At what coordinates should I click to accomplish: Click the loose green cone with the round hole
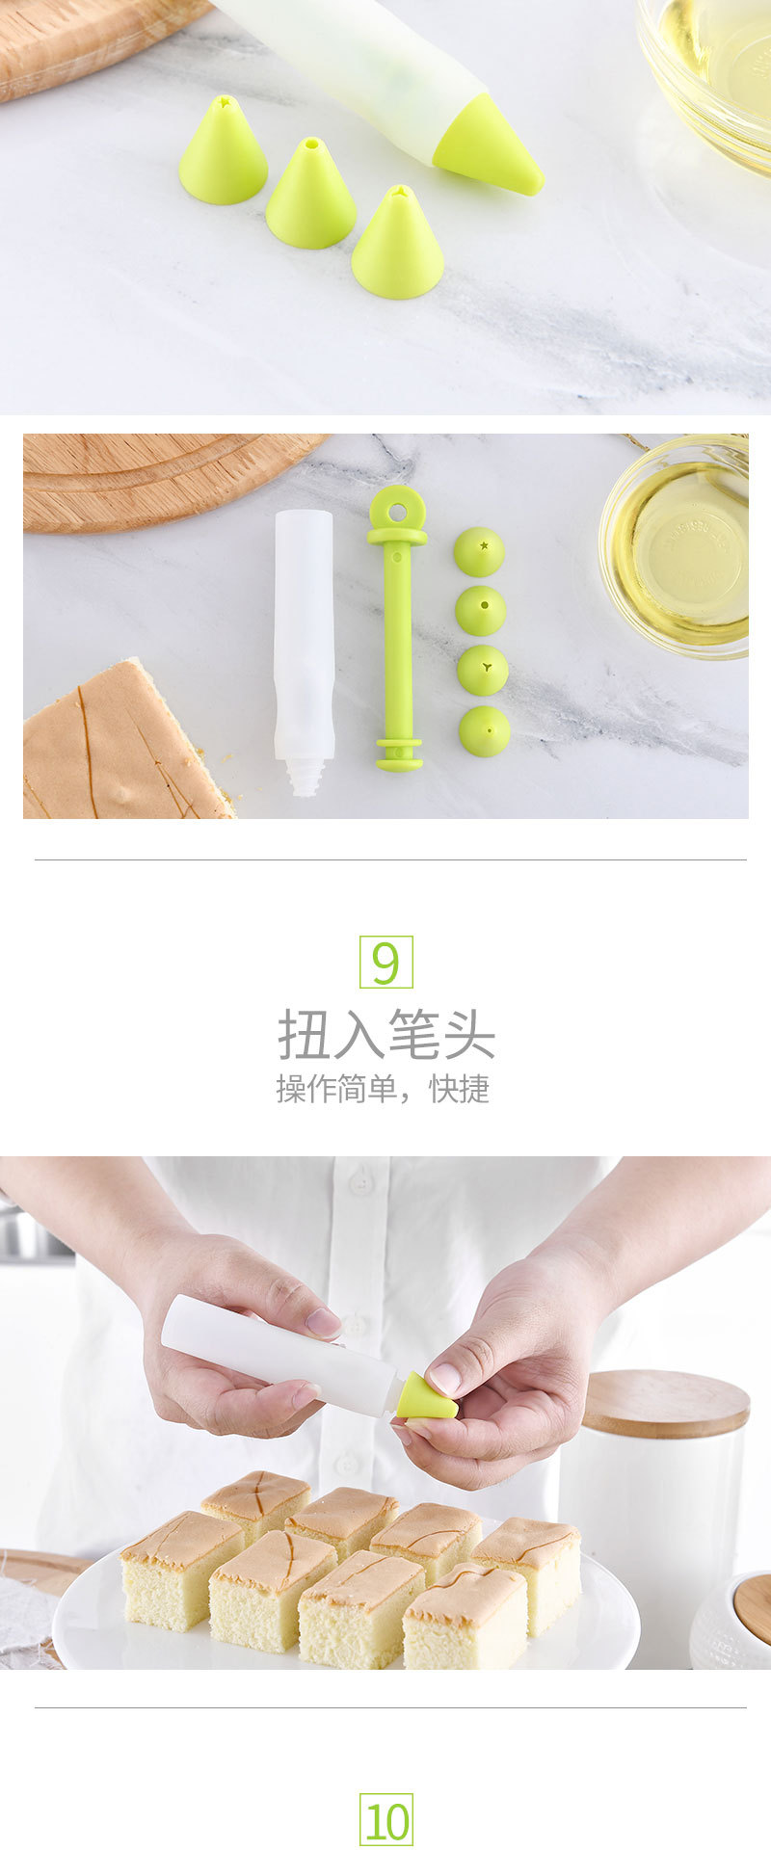click(310, 197)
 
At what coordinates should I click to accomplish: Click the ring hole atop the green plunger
click(397, 504)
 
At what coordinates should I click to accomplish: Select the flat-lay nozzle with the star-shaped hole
click(479, 552)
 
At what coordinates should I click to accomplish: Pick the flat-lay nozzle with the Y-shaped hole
click(482, 671)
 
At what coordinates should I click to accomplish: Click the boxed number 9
click(385, 962)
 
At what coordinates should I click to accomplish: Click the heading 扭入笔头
click(385, 1035)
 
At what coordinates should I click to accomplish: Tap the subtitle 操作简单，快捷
click(383, 1089)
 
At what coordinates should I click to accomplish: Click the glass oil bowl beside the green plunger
click(675, 546)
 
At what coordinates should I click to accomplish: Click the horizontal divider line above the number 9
click(390, 859)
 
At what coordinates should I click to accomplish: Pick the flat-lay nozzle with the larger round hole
click(480, 611)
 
